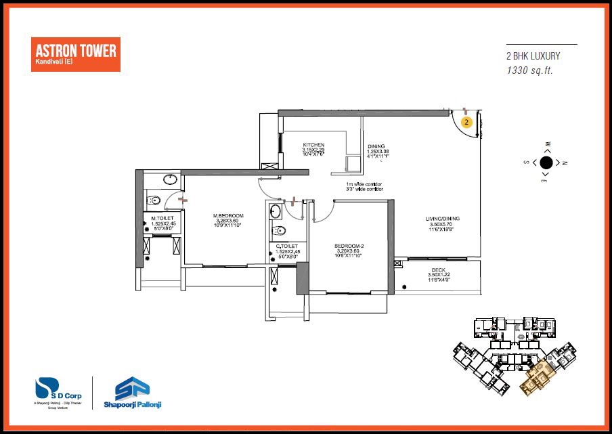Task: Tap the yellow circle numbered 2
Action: click(466, 122)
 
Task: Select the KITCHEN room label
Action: click(313, 145)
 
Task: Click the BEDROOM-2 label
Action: click(349, 245)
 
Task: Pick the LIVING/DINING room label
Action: click(443, 218)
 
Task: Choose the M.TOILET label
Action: click(162, 217)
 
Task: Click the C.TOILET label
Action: click(288, 246)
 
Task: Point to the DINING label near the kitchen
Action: click(376, 146)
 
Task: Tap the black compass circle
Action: click(546, 162)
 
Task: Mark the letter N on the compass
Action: click(565, 162)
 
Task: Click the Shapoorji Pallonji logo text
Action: click(133, 405)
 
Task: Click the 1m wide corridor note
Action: click(364, 184)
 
